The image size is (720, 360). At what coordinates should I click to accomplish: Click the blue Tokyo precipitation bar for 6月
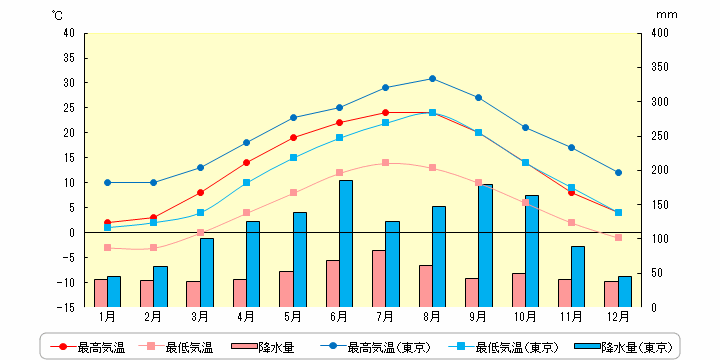tap(346, 243)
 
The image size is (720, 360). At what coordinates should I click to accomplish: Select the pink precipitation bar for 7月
tap(379, 278)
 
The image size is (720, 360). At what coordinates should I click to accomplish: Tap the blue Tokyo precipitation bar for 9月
tap(485, 246)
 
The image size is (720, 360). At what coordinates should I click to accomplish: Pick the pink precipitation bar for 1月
tap(101, 293)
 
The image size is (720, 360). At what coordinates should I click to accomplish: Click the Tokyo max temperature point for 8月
tap(432, 79)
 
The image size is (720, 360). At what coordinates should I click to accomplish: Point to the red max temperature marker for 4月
tap(247, 162)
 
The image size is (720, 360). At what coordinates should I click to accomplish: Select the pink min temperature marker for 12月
tap(618, 237)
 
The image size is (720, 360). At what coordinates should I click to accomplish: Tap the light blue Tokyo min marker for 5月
tap(293, 158)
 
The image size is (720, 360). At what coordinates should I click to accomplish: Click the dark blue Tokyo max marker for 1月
tap(107, 182)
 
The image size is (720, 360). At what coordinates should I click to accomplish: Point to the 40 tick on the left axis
tap(69, 33)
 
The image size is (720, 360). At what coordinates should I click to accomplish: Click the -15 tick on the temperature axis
tap(67, 307)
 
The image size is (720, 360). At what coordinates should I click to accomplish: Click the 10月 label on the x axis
tap(525, 316)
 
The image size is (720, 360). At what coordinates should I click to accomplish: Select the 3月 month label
tap(200, 316)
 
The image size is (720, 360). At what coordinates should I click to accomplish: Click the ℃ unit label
tap(57, 15)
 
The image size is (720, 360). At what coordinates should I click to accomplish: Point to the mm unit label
tap(666, 15)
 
